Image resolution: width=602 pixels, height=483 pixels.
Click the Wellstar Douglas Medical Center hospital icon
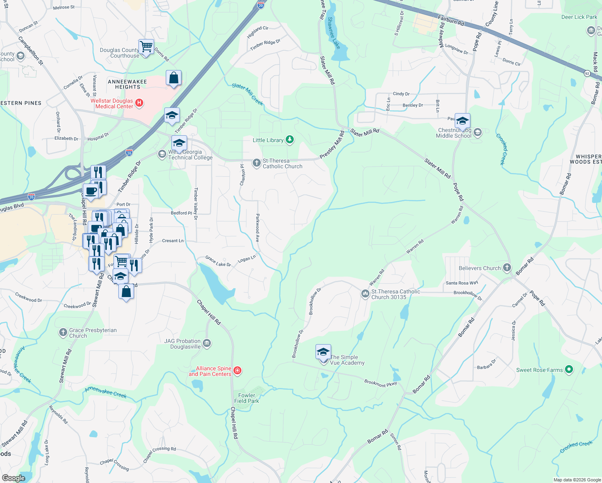coord(139,103)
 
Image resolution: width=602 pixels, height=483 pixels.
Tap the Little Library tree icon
coord(290,140)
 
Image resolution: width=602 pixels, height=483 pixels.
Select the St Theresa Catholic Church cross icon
coord(256,163)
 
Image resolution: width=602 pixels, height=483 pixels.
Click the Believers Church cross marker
coord(507,268)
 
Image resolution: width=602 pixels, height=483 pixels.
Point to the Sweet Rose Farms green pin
coord(569,369)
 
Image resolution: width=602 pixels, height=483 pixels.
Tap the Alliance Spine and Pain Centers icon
coord(237,370)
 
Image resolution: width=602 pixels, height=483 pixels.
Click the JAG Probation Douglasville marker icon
coord(207,343)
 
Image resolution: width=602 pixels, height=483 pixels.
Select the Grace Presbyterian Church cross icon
coord(63,332)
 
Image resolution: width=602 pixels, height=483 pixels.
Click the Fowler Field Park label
coord(247,398)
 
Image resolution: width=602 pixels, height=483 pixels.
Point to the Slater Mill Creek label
coord(247,94)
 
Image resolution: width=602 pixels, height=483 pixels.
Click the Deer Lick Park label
coord(579,17)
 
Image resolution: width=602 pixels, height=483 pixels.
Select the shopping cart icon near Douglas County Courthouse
coord(146,47)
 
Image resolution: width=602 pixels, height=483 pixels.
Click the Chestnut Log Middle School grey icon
coord(478,132)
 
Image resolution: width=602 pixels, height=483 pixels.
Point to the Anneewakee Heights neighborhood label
coord(127,84)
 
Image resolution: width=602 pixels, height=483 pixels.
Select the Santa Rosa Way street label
coord(462,283)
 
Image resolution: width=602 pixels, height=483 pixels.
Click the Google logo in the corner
coord(14,478)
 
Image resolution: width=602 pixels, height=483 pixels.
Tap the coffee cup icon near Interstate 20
coord(91,191)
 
